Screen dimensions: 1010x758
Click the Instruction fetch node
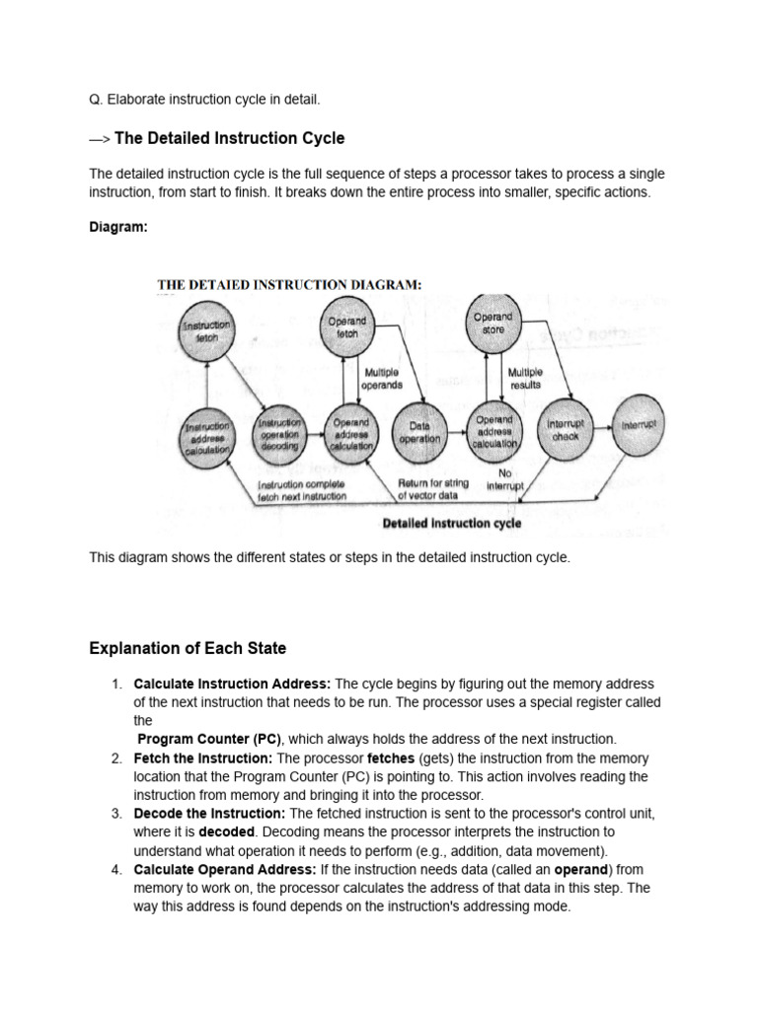[206, 330]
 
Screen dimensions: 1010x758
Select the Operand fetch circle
[346, 326]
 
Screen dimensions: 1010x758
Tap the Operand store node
[493, 323]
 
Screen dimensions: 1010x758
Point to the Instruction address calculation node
[206, 434]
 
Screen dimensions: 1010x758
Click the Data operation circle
[420, 432]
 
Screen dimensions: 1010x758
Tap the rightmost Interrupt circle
[638, 425]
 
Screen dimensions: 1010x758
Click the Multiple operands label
[382, 379]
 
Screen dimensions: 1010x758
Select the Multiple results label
[525, 379]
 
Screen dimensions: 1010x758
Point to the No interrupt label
[505, 479]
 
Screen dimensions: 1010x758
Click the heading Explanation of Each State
[188, 648]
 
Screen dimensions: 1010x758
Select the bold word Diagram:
[117, 226]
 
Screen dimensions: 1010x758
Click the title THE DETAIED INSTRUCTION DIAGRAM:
[289, 285]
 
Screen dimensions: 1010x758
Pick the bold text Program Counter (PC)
[209, 739]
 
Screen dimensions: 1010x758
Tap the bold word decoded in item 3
[227, 832]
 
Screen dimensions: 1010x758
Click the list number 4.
[115, 869]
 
